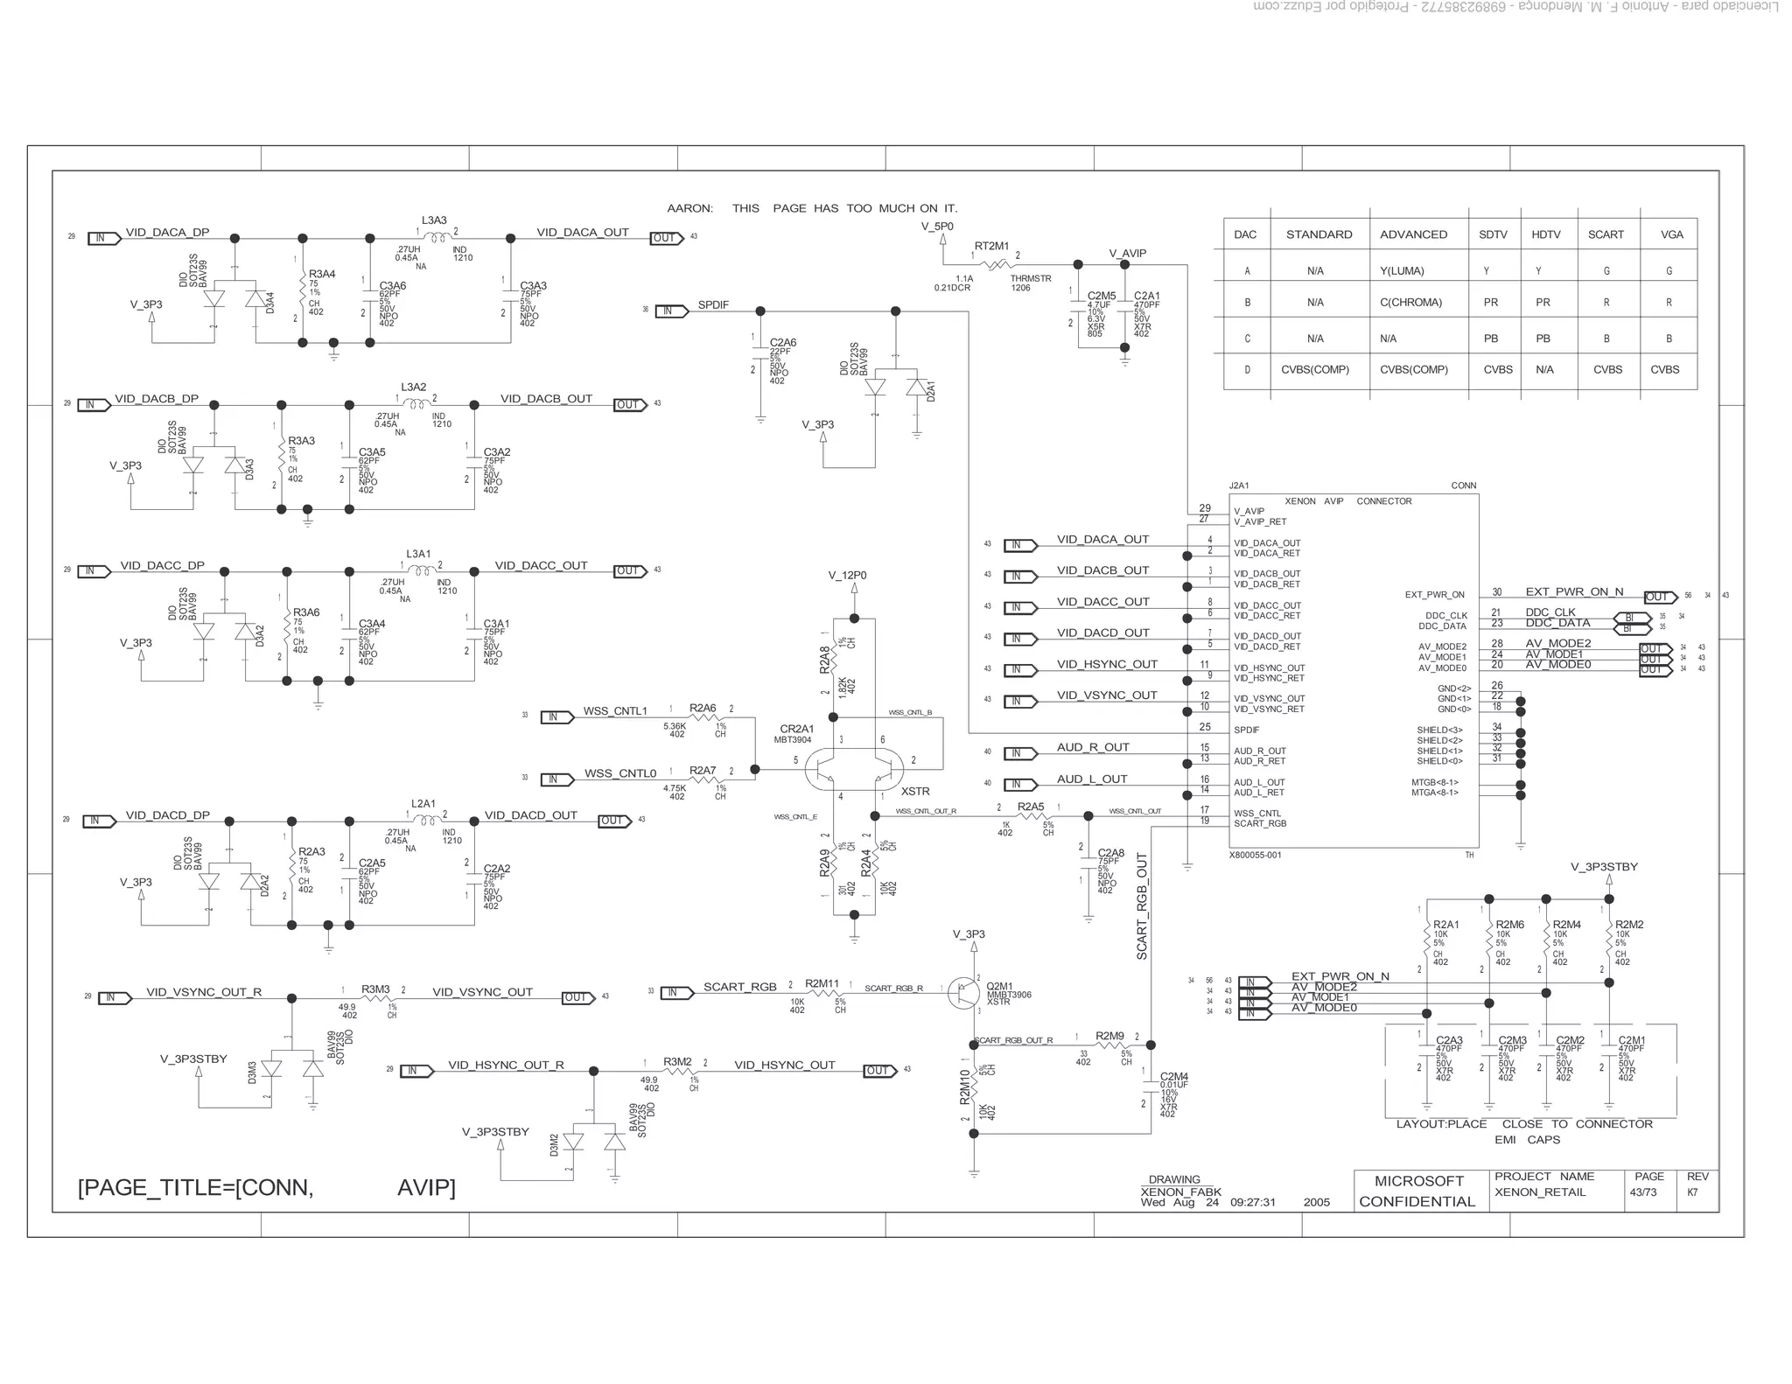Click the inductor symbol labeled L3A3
click(x=437, y=237)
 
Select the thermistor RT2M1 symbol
click(x=996, y=263)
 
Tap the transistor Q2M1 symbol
click(x=965, y=992)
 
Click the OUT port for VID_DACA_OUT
click(x=666, y=238)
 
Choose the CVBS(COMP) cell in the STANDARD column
click(x=1314, y=370)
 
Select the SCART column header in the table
click(x=1606, y=234)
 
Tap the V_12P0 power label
click(x=847, y=576)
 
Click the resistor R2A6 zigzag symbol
click(x=703, y=718)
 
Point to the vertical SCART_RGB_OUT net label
click(x=1142, y=906)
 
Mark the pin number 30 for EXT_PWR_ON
click(x=1497, y=592)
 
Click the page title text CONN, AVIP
click(x=267, y=1188)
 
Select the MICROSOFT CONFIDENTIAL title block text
click(x=1417, y=1192)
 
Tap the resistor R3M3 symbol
click(x=375, y=999)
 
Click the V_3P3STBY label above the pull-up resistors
click(x=1604, y=867)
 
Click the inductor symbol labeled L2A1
click(x=426, y=821)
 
